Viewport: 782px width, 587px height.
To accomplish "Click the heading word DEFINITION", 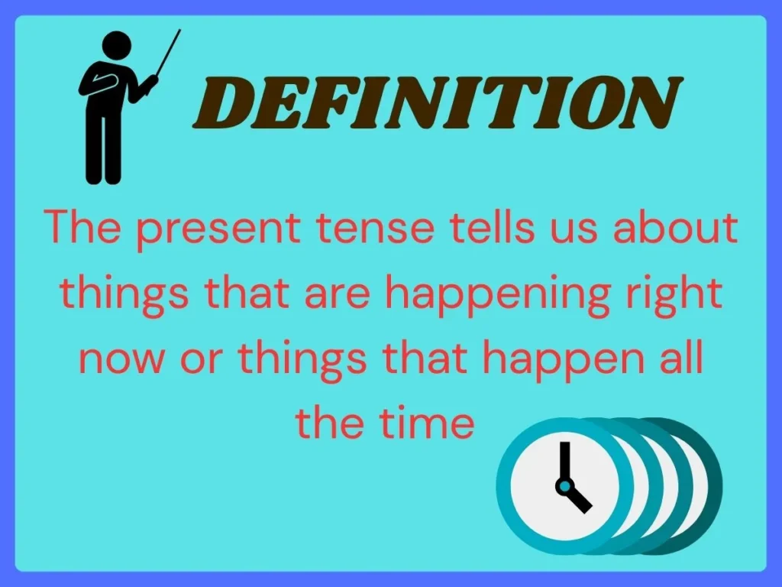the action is point(438,103).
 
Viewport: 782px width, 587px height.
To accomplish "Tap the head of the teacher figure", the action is point(116,45).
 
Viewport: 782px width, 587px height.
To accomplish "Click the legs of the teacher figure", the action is point(103,150).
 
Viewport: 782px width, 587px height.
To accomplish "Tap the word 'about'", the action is point(675,226).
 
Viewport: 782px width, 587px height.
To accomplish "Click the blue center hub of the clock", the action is point(564,485).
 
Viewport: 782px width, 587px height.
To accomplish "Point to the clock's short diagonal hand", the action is point(579,498).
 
